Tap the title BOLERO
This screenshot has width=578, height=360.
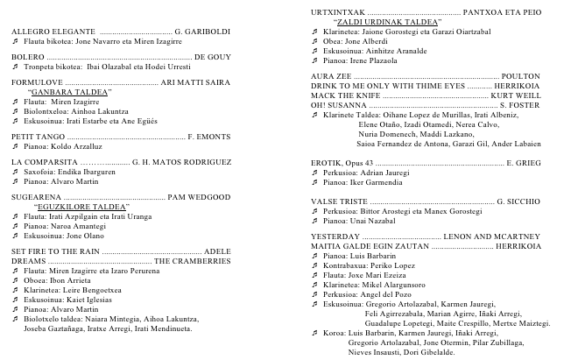[27, 56]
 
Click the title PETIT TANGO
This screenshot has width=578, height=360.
[36, 138]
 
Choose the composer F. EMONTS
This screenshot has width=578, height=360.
[209, 138]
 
